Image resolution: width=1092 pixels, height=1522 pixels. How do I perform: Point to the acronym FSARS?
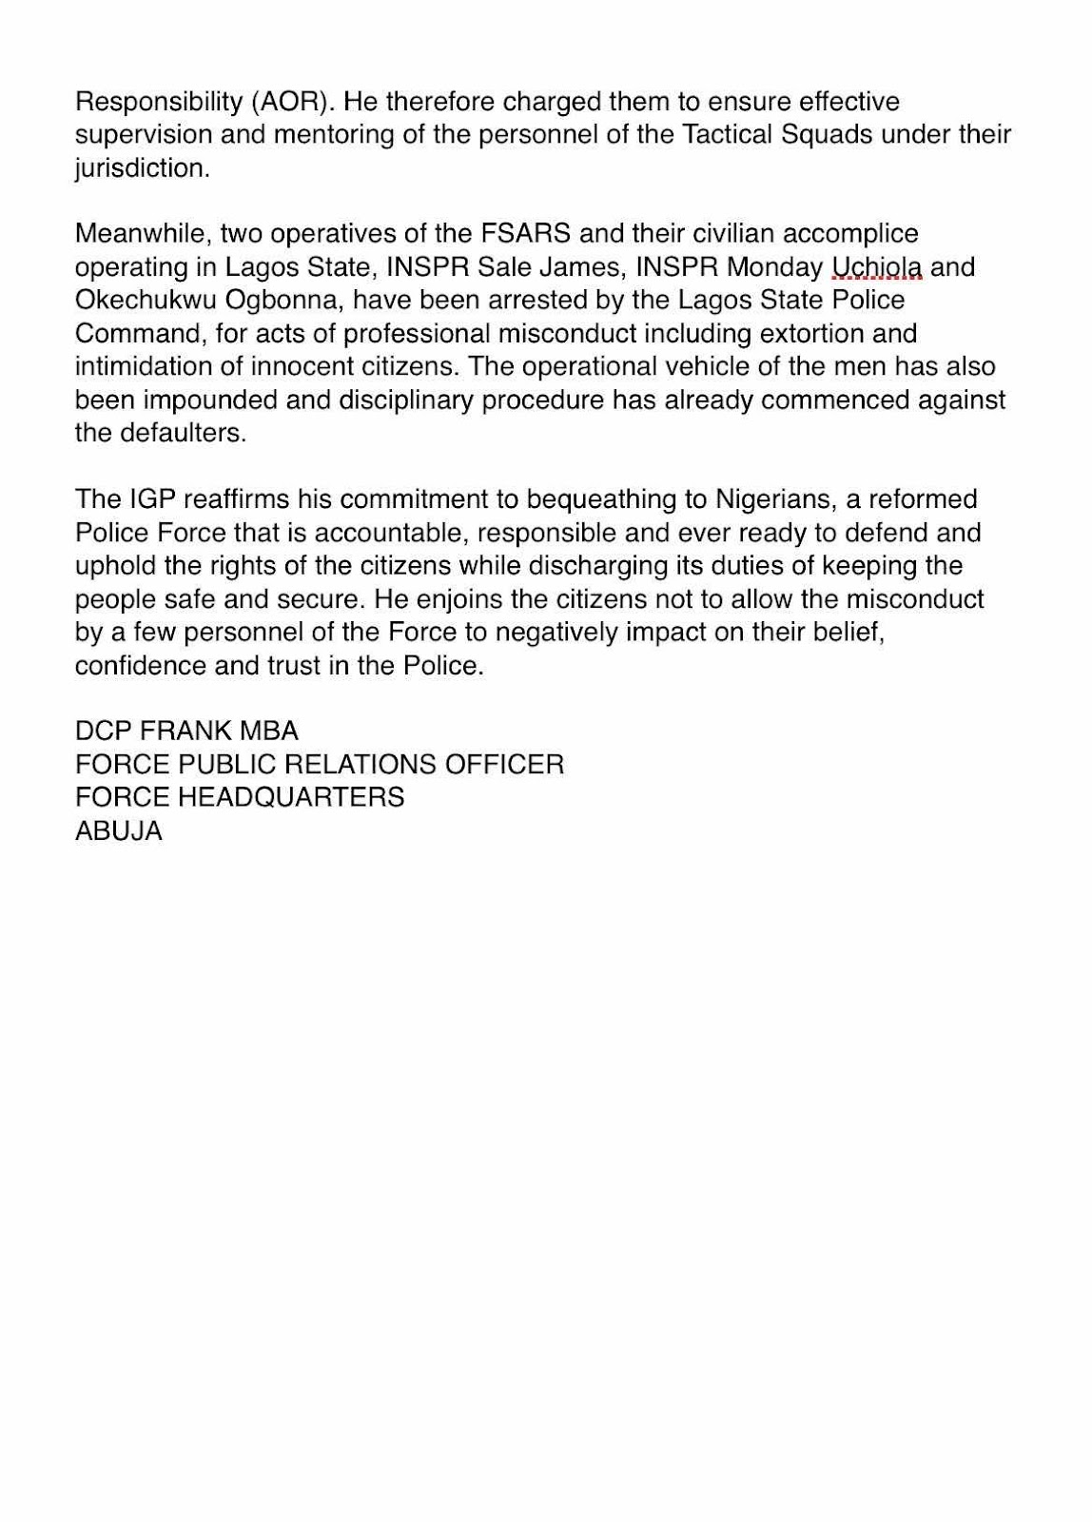coord(524,233)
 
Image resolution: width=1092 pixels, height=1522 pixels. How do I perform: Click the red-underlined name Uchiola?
coord(876,266)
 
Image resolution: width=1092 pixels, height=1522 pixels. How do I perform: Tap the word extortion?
coord(822,333)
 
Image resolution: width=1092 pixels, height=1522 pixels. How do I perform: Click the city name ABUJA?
coord(119,831)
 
